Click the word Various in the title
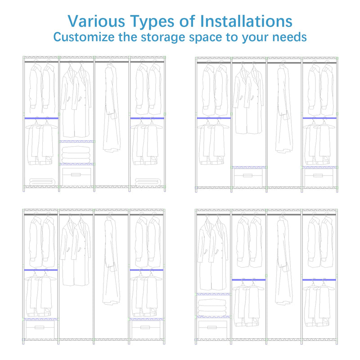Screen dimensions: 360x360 (x=96, y=21)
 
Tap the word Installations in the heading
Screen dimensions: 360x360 (x=246, y=21)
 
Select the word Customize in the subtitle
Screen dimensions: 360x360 (x=84, y=37)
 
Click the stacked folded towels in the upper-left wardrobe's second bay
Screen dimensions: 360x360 (x=76, y=154)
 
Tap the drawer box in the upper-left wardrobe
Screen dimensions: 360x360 (x=76, y=176)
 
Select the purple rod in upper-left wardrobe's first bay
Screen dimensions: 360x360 (x=41, y=118)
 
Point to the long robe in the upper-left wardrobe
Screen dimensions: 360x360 (x=112, y=108)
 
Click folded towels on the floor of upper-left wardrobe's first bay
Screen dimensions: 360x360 (x=42, y=182)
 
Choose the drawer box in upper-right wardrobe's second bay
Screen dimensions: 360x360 (x=248, y=177)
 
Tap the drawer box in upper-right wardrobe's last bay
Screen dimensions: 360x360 (x=319, y=177)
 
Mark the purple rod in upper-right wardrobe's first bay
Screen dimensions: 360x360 (x=214, y=118)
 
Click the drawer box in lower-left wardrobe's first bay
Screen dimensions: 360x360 (x=40, y=329)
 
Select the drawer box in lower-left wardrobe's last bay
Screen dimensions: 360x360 (x=146, y=329)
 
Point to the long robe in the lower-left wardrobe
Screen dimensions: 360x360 (x=111, y=261)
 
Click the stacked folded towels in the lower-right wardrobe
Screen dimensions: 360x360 (x=212, y=307)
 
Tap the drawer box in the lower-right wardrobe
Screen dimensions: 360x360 (x=212, y=329)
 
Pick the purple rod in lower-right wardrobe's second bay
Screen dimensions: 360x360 (x=249, y=280)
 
